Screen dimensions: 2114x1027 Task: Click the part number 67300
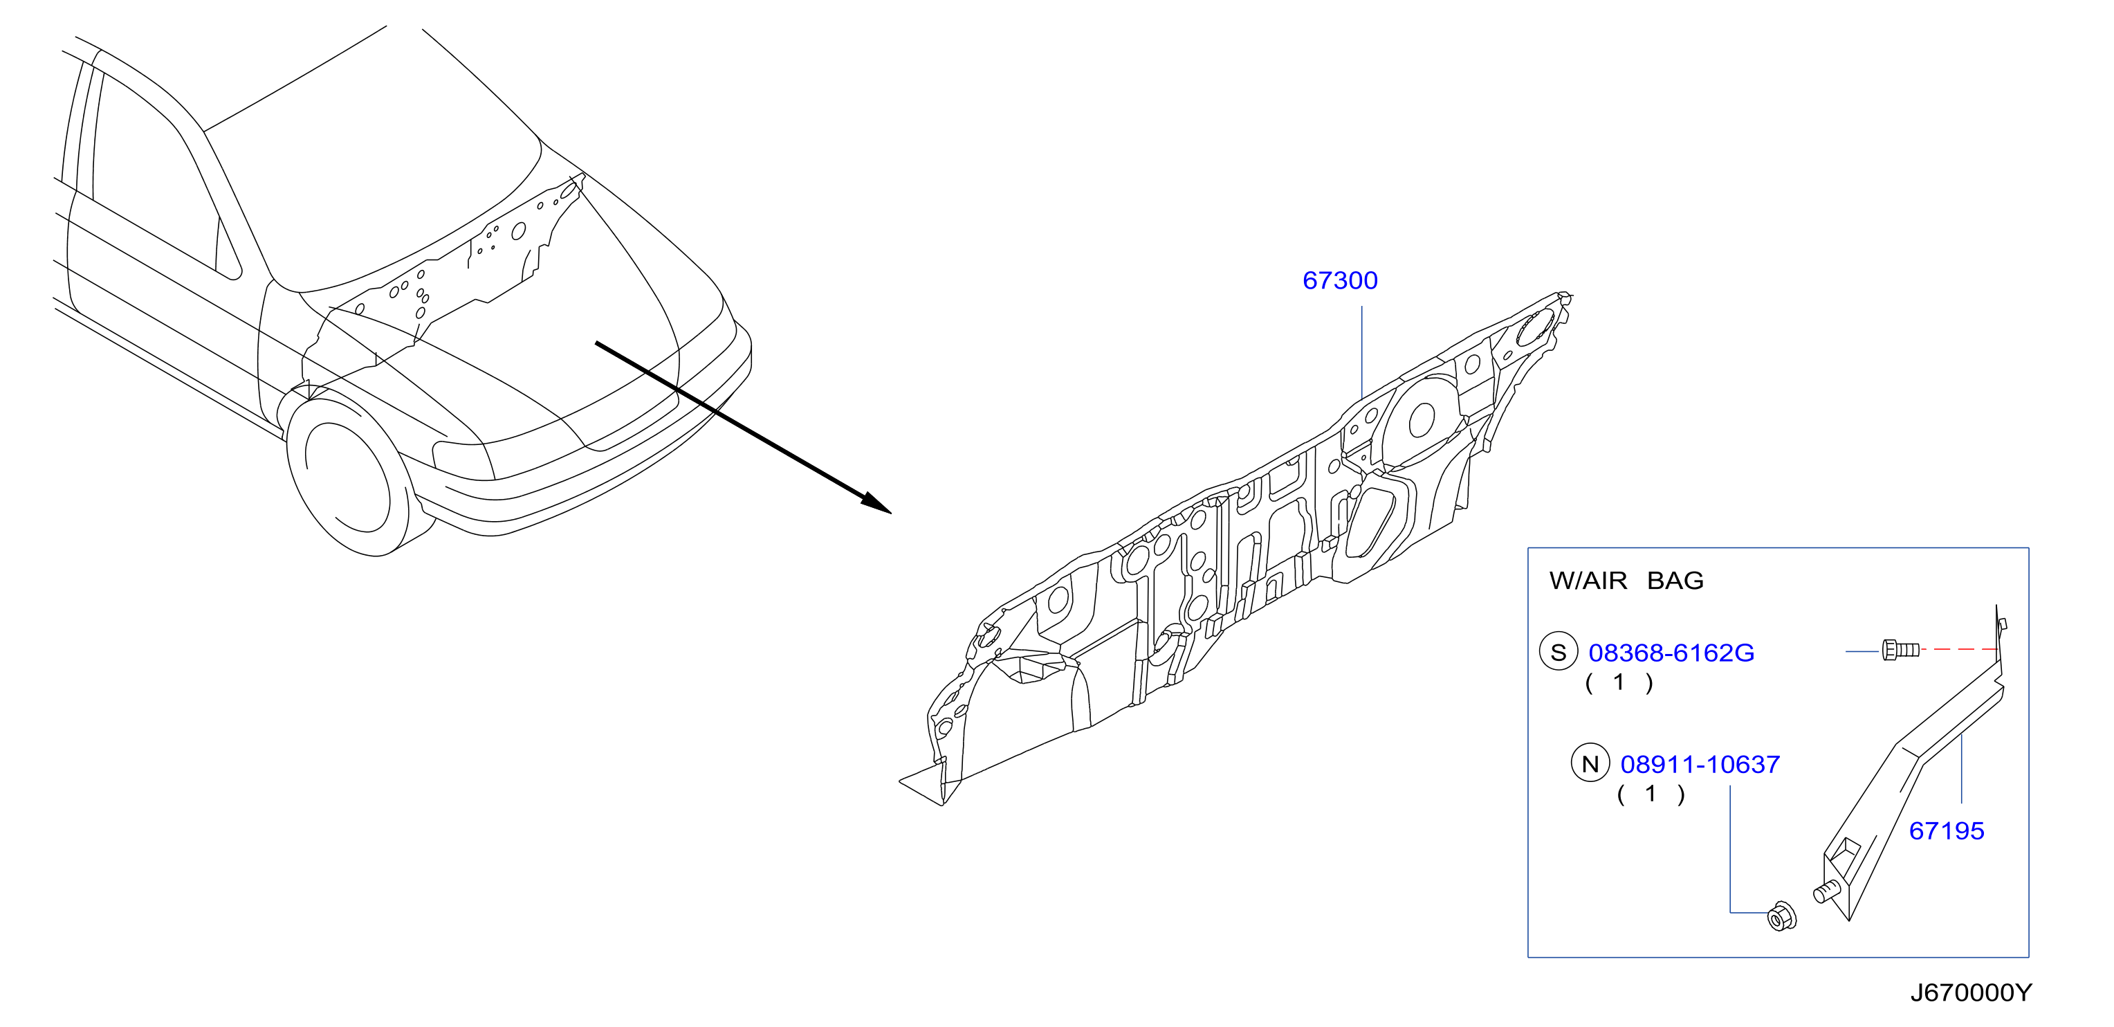(1339, 281)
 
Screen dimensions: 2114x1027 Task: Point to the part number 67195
(1946, 830)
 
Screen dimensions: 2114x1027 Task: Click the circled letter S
(1558, 653)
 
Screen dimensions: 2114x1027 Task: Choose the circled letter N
(1590, 764)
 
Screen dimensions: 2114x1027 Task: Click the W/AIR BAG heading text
(1626, 581)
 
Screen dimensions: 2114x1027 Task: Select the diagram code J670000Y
(1971, 993)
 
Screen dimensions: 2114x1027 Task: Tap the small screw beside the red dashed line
(1900, 651)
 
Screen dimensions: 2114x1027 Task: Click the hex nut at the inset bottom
(1781, 916)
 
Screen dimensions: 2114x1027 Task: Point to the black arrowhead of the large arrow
(876, 502)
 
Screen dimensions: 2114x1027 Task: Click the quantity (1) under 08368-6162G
(1618, 682)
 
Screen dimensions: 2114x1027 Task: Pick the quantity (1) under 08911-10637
(1651, 794)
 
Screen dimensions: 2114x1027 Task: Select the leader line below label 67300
(1361, 353)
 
